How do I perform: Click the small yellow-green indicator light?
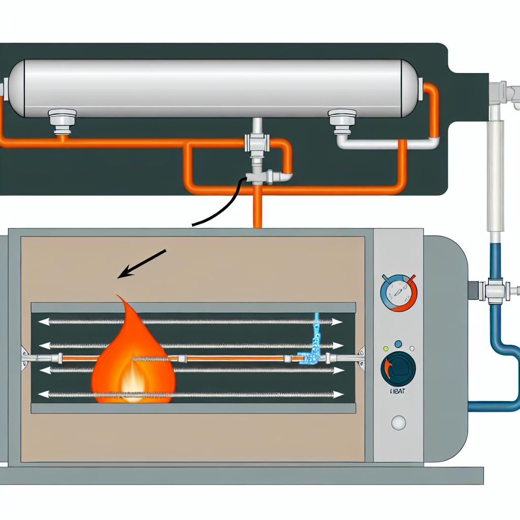(386, 349)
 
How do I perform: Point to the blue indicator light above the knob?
(398, 344)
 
